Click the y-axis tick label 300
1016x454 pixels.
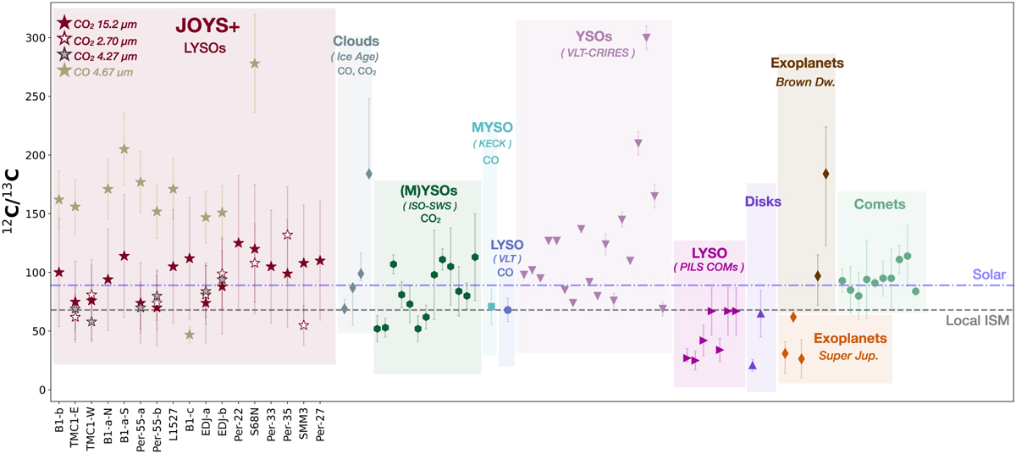click(x=30, y=38)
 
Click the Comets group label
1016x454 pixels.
click(x=880, y=204)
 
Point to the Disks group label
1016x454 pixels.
click(x=762, y=202)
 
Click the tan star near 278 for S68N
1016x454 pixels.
click(x=255, y=64)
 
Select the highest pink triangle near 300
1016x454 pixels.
click(x=647, y=38)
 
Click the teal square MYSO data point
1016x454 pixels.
click(x=492, y=307)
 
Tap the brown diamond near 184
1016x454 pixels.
click(x=825, y=174)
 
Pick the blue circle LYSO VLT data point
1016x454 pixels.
click(x=507, y=310)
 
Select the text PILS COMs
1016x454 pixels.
click(x=710, y=268)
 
